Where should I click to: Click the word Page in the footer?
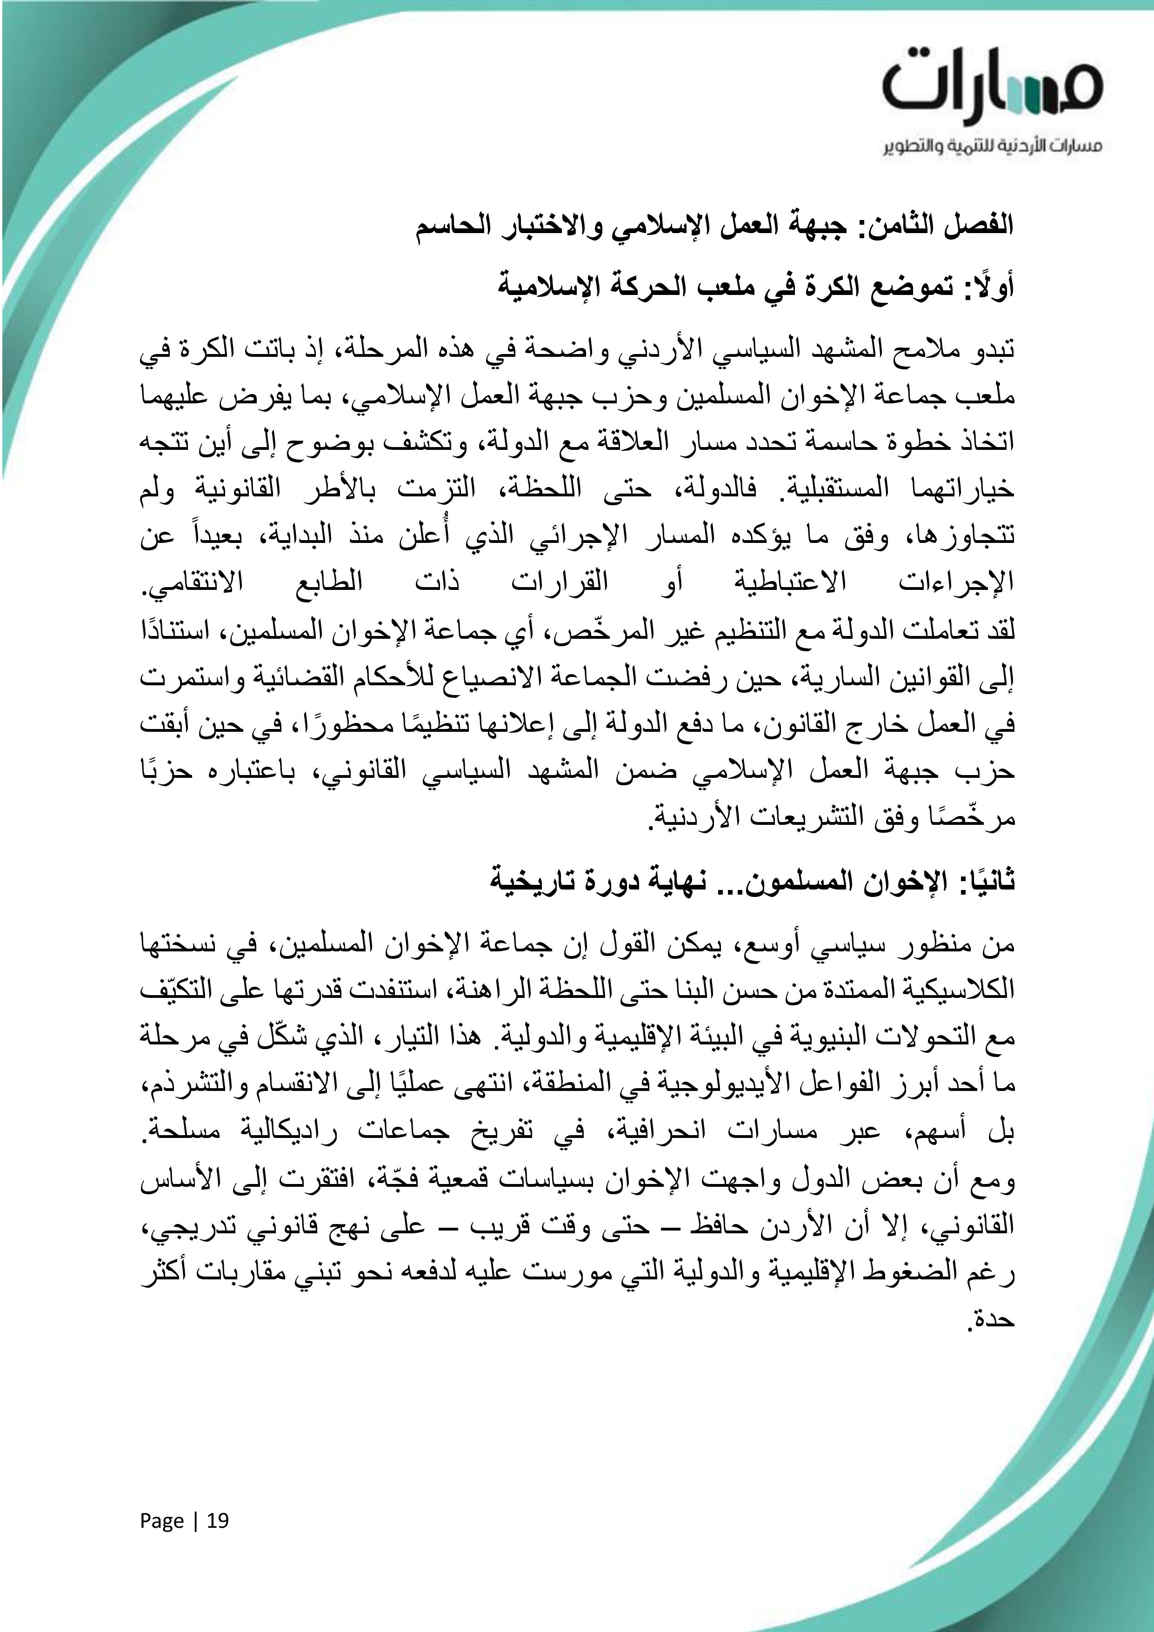pyautogui.click(x=161, y=1521)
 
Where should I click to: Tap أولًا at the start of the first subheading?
pyautogui.click(x=989, y=287)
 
